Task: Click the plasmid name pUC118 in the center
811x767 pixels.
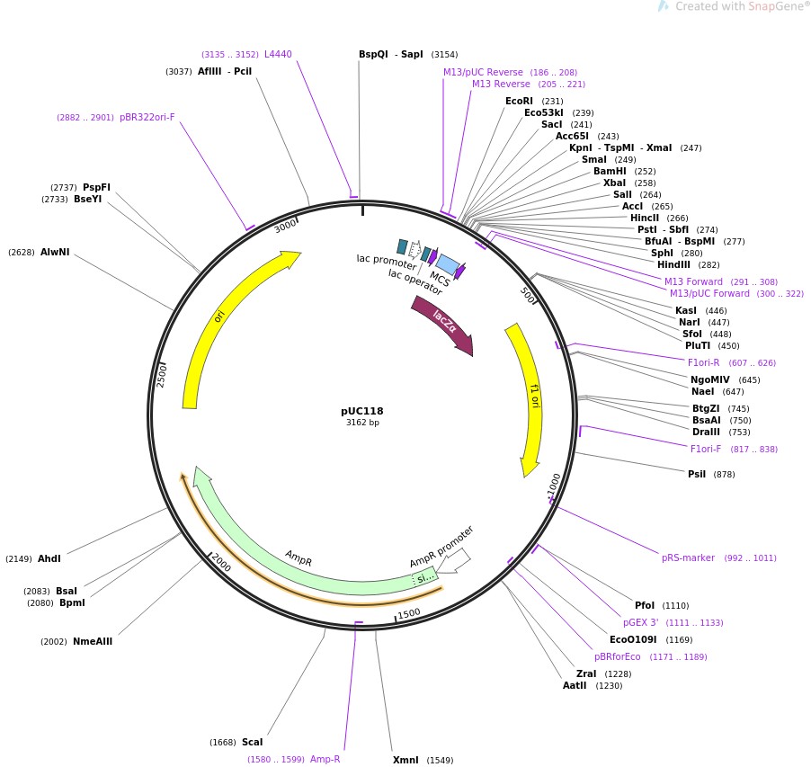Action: (x=361, y=411)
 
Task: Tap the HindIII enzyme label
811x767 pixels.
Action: (x=674, y=264)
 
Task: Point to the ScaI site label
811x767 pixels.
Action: (x=252, y=742)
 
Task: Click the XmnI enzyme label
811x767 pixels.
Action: (x=405, y=760)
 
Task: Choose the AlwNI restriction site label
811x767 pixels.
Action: (x=55, y=253)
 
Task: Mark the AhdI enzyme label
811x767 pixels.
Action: (x=49, y=558)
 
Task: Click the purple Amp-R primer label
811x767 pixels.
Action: (x=325, y=759)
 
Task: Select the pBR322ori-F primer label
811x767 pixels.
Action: (x=147, y=117)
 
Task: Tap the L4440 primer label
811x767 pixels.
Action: (x=278, y=54)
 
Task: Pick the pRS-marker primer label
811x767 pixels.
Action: (x=688, y=557)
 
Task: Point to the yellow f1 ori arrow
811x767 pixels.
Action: (x=529, y=396)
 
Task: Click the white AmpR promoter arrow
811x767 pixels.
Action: (x=454, y=561)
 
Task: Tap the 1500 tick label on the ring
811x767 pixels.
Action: (x=409, y=613)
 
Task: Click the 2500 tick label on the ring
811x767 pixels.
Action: (x=163, y=374)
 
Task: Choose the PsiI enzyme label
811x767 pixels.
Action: (x=697, y=474)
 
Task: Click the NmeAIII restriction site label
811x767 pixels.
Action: (x=93, y=641)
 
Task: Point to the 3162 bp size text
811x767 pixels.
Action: (x=362, y=423)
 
